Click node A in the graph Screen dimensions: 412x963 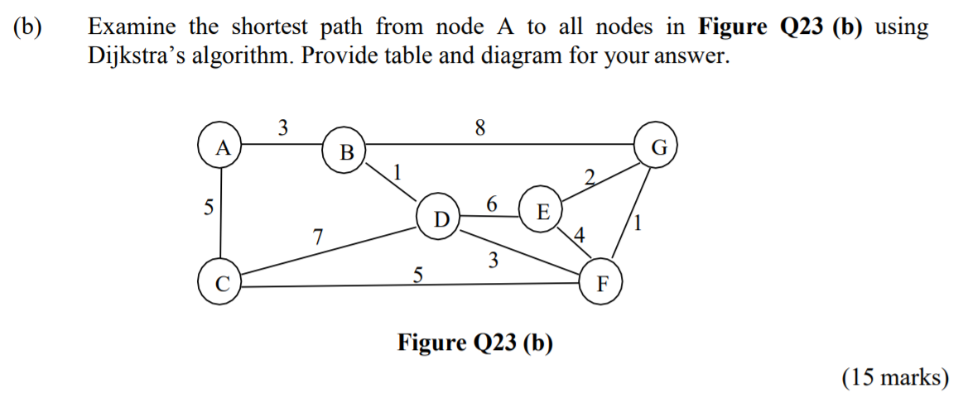tap(220, 147)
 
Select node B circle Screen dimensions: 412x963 tap(345, 151)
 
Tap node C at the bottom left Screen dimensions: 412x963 tap(220, 284)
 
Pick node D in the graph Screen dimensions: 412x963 tap(441, 219)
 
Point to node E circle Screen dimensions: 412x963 tap(542, 211)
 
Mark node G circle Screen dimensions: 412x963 tap(657, 148)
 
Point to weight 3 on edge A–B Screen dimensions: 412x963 tap(283, 128)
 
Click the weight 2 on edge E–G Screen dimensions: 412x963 tap(590, 176)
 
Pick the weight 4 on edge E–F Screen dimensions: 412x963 tap(579, 235)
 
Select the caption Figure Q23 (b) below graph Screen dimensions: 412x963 tap(474, 342)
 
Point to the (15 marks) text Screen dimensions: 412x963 tap(894, 377)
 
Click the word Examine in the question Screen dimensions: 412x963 tap(132, 26)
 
